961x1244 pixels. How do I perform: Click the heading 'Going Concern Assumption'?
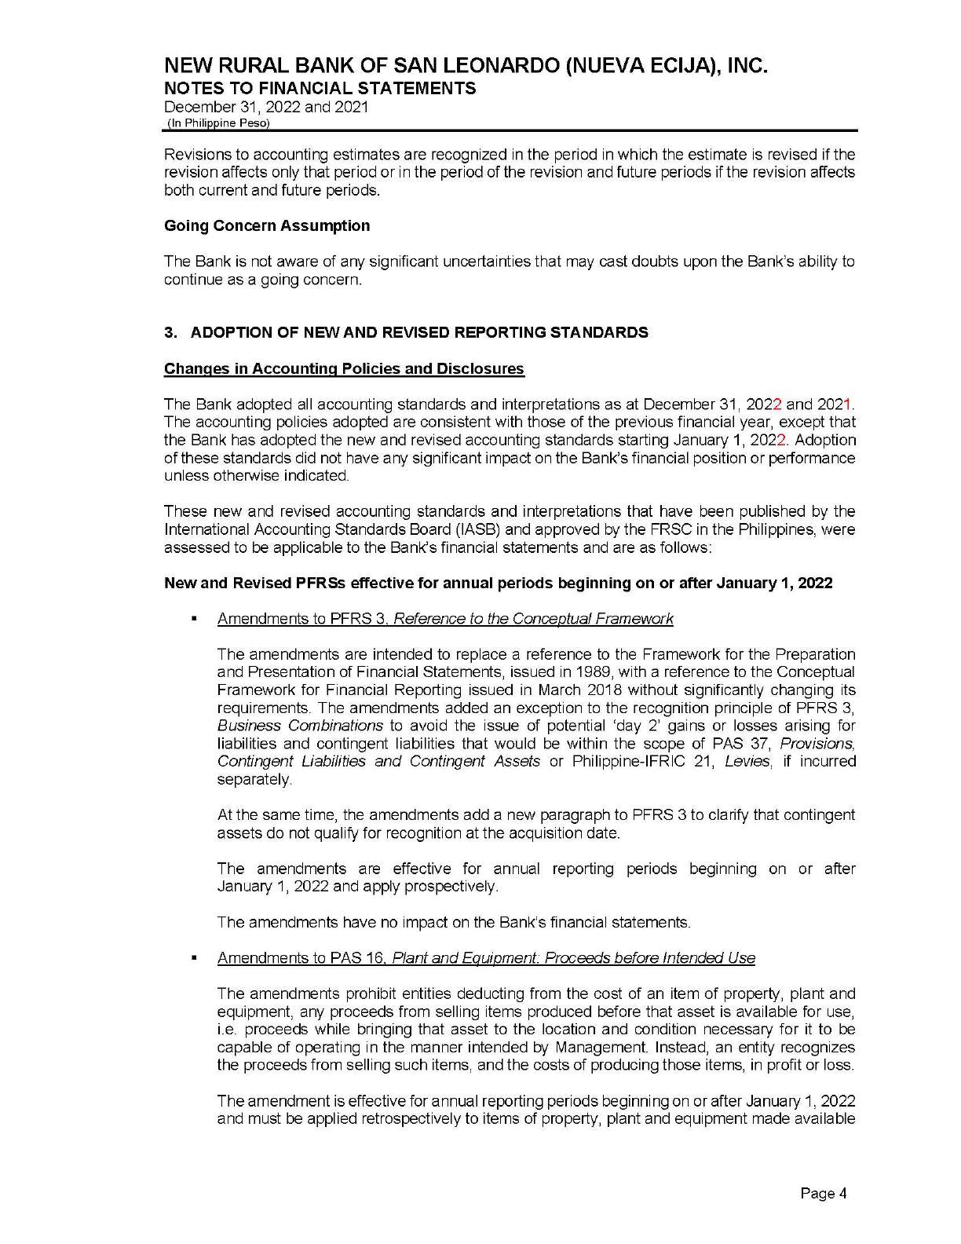click(x=267, y=226)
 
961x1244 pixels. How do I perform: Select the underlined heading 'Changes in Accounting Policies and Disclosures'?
click(x=344, y=369)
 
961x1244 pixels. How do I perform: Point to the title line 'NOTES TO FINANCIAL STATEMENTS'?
click(x=320, y=88)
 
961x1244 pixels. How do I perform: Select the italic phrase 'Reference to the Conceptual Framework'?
click(x=533, y=619)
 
